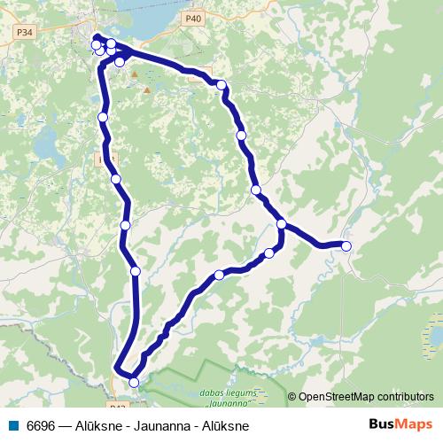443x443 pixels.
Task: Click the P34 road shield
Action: pyautogui.click(x=24, y=31)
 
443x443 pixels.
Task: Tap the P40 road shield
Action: pyautogui.click(x=193, y=18)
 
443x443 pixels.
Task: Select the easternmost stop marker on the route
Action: pyautogui.click(x=346, y=246)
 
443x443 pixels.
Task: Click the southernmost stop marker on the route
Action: pyautogui.click(x=134, y=382)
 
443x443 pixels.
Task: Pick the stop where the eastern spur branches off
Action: pyautogui.click(x=281, y=224)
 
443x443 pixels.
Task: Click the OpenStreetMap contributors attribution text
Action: pyautogui.click(x=366, y=397)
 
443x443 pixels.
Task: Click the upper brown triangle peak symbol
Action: pyautogui.click(x=135, y=75)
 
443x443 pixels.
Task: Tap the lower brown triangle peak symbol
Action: pyautogui.click(x=148, y=89)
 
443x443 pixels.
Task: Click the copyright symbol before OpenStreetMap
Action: pyautogui.click(x=292, y=397)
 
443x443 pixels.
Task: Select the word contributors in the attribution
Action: pyautogui.click(x=407, y=397)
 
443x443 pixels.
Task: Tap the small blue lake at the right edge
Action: pyautogui.click(x=434, y=336)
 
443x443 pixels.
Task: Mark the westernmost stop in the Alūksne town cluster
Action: pyautogui.click(x=96, y=44)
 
